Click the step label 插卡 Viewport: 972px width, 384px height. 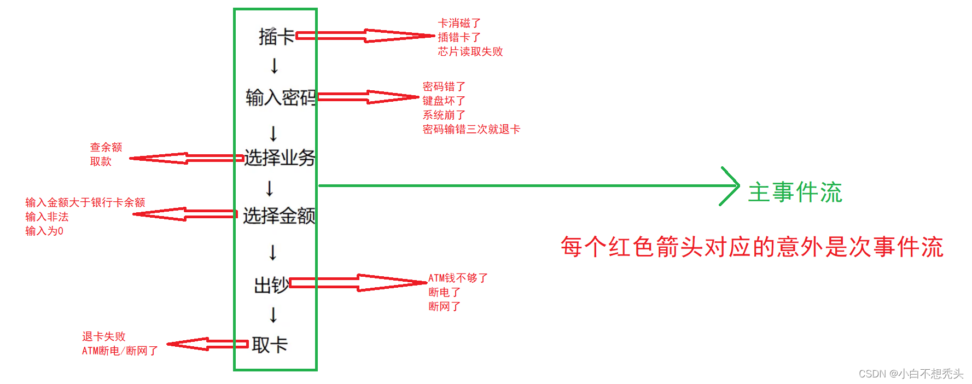[x=276, y=37]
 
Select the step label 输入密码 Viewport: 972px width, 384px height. [x=281, y=97]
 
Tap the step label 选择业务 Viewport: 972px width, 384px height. [x=280, y=158]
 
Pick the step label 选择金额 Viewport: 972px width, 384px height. [x=279, y=216]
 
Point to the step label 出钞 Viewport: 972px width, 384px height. [x=271, y=285]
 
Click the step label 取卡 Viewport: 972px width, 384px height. [x=270, y=345]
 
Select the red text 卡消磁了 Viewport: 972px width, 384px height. [x=459, y=23]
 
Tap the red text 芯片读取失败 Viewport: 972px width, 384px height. [x=470, y=51]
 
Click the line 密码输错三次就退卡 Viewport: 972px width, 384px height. [x=471, y=129]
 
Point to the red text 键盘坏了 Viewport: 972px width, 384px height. [x=444, y=101]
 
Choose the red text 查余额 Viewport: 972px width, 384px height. [x=106, y=147]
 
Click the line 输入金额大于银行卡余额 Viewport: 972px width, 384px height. [x=85, y=202]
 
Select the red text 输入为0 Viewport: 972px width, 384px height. [x=44, y=231]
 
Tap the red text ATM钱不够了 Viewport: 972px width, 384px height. [x=458, y=278]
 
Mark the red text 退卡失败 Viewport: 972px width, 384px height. [x=104, y=336]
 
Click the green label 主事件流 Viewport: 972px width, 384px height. [x=795, y=193]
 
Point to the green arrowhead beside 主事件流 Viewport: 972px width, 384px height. [x=731, y=186]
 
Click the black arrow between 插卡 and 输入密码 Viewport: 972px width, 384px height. [x=275, y=66]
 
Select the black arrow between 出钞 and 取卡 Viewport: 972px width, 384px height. [x=273, y=315]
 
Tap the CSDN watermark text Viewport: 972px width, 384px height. [x=911, y=374]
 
